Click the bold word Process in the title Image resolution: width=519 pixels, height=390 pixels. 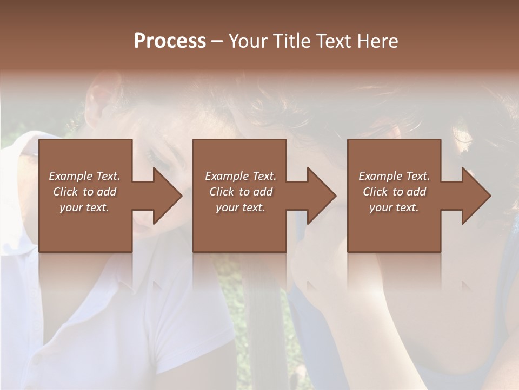click(x=170, y=41)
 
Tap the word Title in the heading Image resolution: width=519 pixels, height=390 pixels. click(x=291, y=41)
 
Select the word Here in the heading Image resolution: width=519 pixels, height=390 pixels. click(x=377, y=41)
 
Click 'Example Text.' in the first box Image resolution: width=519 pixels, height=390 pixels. click(x=84, y=176)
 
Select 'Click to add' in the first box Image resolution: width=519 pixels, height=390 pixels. click(x=84, y=192)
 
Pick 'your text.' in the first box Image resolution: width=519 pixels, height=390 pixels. click(x=84, y=207)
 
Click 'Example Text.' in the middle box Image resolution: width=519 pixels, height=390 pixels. click(x=240, y=176)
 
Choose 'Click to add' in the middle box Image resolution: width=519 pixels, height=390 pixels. click(x=240, y=192)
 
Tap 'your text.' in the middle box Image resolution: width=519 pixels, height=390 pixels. click(x=240, y=207)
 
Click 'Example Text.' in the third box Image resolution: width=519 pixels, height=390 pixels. click(x=394, y=176)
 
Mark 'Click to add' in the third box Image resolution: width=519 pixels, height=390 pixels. click(x=394, y=192)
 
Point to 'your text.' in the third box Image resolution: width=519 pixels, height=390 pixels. click(x=394, y=207)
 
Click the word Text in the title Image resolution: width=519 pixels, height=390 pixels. click(x=334, y=41)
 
